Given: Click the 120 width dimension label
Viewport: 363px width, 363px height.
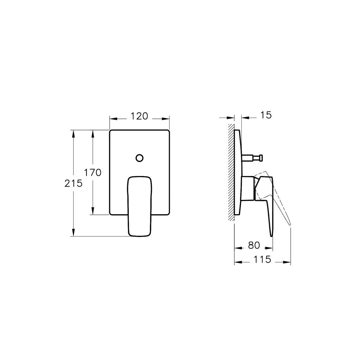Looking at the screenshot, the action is point(139,116).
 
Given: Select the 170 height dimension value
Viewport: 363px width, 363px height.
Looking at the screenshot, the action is point(93,173).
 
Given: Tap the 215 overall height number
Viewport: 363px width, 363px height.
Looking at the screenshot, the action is point(73,184).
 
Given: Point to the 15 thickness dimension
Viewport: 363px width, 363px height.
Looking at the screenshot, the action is point(266,115).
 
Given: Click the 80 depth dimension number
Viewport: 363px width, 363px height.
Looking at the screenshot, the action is point(254,245).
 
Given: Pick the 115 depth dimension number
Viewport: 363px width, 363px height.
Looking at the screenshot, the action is point(262,260).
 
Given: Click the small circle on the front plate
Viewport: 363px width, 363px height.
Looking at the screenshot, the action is point(139,158).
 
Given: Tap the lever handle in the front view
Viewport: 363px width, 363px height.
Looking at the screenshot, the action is point(140,206).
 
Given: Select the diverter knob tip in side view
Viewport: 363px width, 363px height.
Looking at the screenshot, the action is point(261,158).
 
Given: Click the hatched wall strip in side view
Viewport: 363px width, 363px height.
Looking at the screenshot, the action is point(231,172).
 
